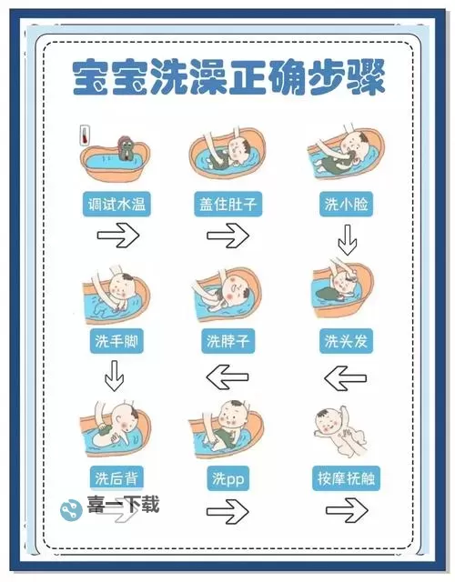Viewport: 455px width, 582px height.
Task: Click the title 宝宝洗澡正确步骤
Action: pos(227,78)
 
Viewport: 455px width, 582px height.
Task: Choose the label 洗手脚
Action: pos(115,342)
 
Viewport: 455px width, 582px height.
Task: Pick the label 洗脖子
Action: pos(227,342)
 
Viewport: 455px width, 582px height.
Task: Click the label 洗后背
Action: pos(115,477)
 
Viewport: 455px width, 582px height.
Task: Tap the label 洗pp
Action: pos(227,477)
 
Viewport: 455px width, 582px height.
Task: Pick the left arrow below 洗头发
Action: pos(345,376)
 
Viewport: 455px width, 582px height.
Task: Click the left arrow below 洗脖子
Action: pos(227,375)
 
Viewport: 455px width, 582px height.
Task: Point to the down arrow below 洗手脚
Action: pos(114,376)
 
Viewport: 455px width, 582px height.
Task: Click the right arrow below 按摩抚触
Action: pos(345,511)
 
